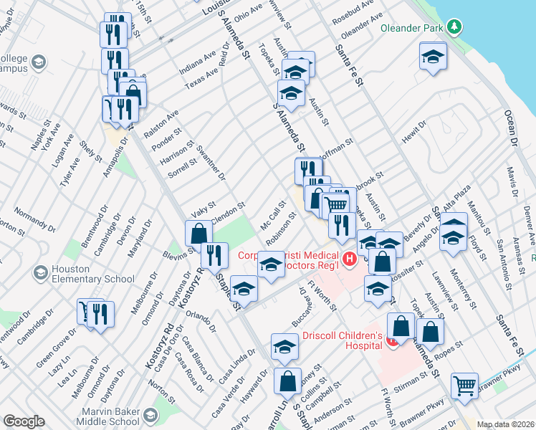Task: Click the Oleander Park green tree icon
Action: (x=453, y=27)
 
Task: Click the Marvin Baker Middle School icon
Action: (x=150, y=415)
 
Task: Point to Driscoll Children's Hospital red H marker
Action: (x=392, y=341)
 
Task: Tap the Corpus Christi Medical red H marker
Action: (x=349, y=259)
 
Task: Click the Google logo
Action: (x=24, y=421)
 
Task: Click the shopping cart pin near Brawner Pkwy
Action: (x=464, y=385)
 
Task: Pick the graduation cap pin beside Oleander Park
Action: (x=433, y=57)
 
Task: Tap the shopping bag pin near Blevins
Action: (x=198, y=232)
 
